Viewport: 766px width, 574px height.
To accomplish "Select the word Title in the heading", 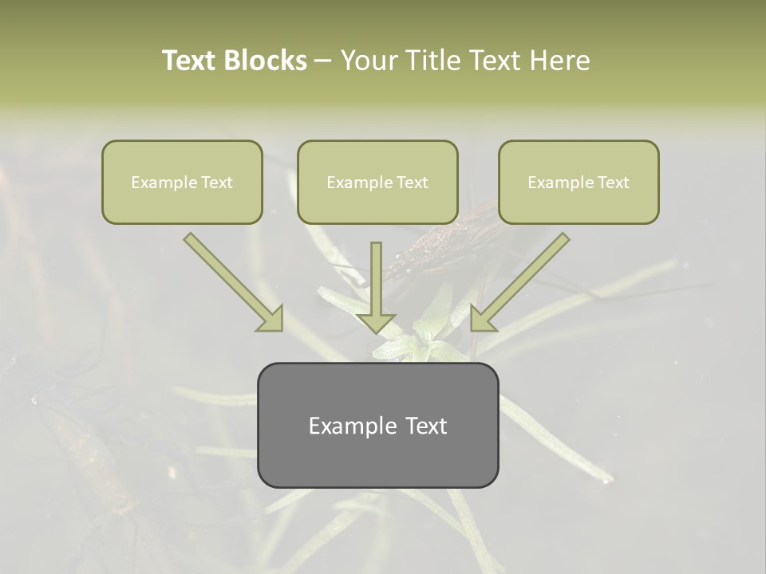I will (x=435, y=61).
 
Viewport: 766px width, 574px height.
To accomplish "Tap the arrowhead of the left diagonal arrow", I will (x=270, y=318).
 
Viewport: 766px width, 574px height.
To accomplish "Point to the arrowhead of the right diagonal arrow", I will (x=483, y=318).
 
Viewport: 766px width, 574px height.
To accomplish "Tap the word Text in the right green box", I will (x=613, y=183).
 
